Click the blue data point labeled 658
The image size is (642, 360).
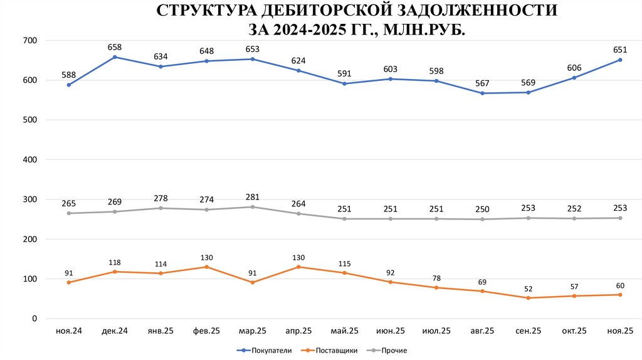tap(115, 57)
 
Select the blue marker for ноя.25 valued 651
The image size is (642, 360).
tap(620, 60)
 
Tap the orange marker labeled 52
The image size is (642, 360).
tap(528, 298)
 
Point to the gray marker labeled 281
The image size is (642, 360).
tap(252, 207)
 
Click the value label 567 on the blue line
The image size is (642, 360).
tap(482, 83)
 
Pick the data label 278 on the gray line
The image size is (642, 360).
tap(160, 198)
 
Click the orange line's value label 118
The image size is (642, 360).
tap(115, 262)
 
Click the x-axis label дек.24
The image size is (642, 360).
tap(115, 331)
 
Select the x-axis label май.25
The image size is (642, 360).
tap(344, 331)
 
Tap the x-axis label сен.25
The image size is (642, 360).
tap(528, 331)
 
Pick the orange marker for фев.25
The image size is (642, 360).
tap(206, 267)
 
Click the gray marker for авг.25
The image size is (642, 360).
tap(482, 219)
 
